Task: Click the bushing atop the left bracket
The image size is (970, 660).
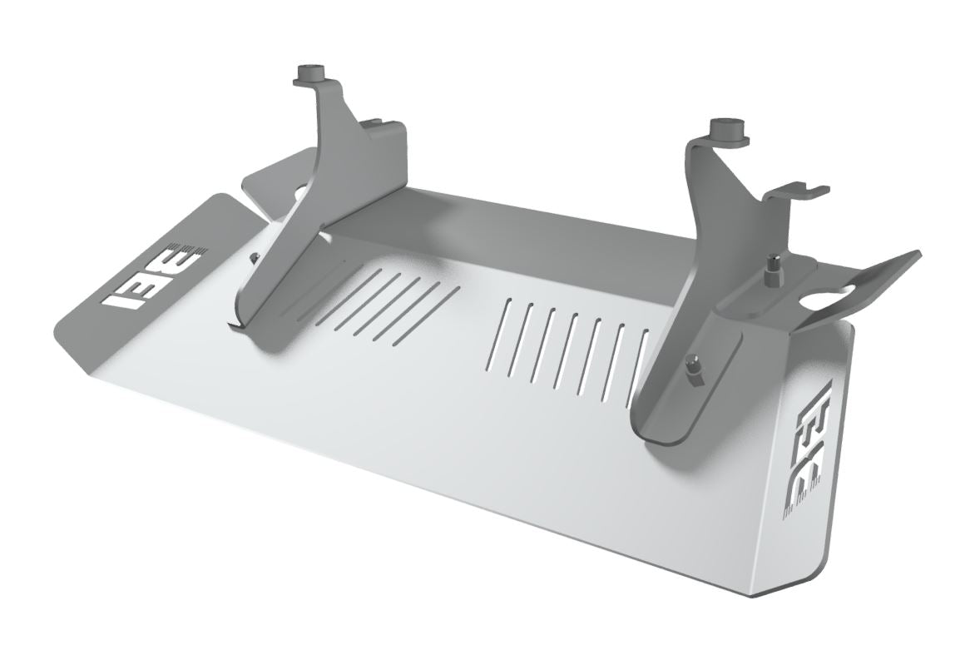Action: click(313, 73)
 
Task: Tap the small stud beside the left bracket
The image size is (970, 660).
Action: click(255, 256)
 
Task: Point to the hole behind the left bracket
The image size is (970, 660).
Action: click(302, 193)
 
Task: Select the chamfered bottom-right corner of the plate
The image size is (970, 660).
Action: click(799, 583)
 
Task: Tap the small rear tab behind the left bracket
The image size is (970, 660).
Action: click(266, 172)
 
